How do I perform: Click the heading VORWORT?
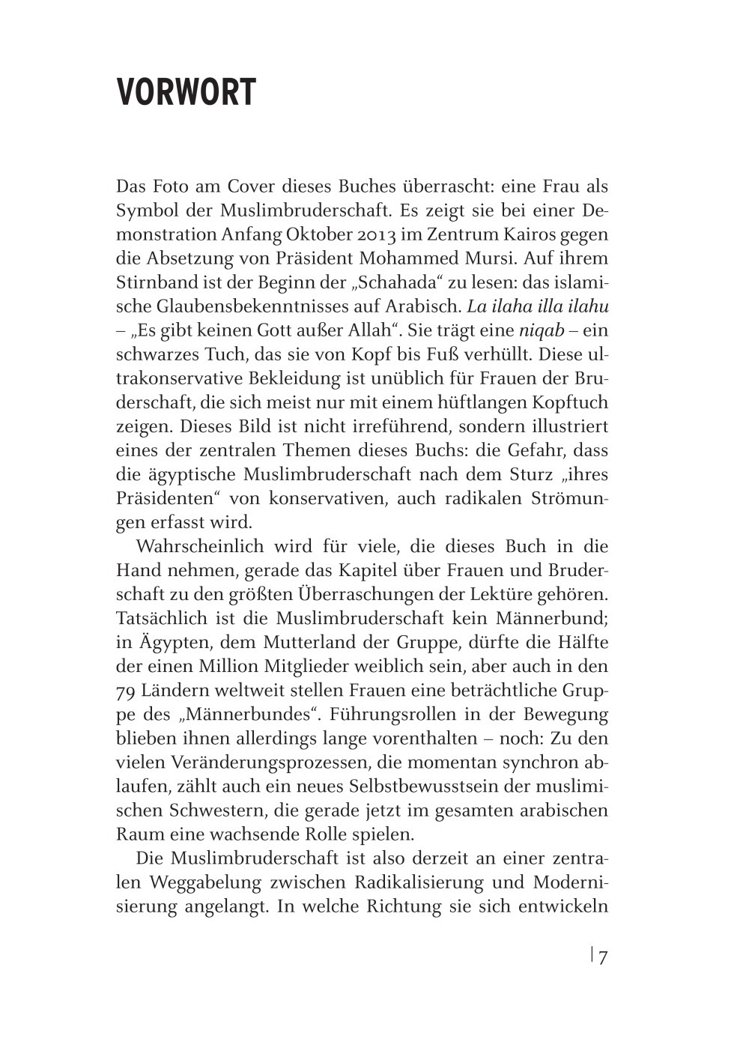coord(186,93)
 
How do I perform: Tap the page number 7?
coord(603,957)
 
